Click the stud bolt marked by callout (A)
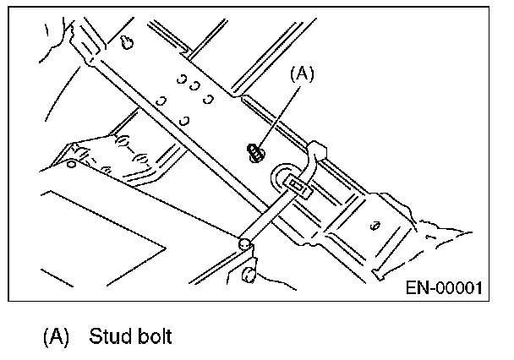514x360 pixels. (x=254, y=153)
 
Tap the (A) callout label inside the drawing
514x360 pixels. (x=302, y=74)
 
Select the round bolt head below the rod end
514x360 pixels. (x=247, y=273)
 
